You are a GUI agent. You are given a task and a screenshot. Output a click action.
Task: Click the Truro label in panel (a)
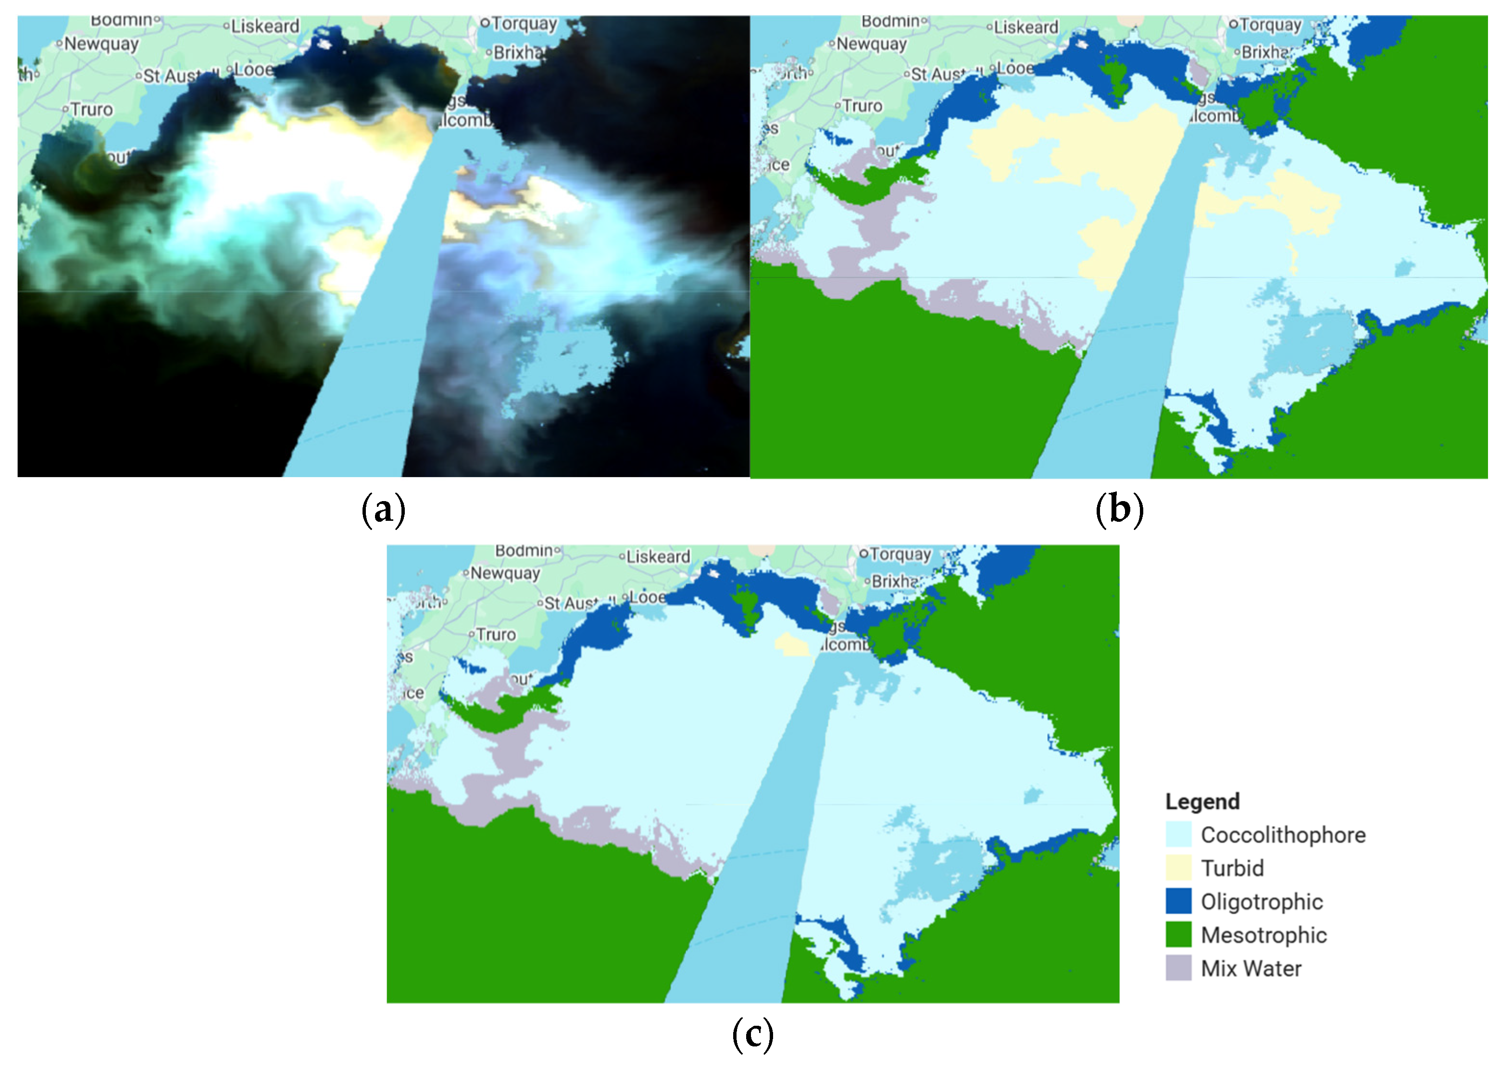91,109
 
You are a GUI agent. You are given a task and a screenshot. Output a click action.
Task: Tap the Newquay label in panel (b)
871,44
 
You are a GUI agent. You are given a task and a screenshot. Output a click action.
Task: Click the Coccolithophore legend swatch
1178,834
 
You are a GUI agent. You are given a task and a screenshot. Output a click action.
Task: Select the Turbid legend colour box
1178,868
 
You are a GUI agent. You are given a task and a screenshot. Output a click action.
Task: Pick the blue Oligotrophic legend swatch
1178,901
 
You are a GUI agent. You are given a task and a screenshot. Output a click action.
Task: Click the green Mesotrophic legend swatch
1178,934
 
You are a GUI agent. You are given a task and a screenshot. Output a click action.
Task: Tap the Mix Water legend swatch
1178,968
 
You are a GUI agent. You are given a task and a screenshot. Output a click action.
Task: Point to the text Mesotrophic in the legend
1263,935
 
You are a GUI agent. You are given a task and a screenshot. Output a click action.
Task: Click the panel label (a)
383,510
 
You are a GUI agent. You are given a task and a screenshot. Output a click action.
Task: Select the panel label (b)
1119,510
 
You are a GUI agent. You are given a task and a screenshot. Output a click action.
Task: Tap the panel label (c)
752,1034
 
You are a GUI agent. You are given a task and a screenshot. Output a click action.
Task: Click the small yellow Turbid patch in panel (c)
794,644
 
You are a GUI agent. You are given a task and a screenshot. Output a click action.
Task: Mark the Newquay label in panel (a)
101,44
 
